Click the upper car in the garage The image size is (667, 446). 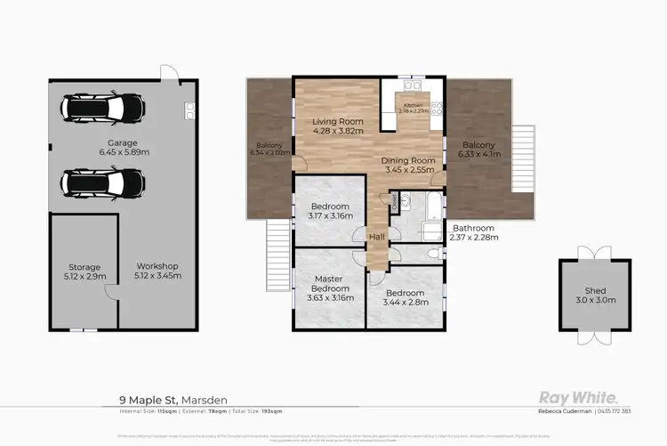coord(102,109)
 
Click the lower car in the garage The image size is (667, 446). coord(102,182)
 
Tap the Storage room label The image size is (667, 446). coord(84,266)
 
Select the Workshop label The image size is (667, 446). coord(157,266)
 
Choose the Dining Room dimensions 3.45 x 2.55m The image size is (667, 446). coord(407,169)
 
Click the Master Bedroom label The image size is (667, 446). coord(328,283)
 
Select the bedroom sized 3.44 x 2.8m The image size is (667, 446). coord(405,296)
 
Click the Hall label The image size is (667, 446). coord(378,236)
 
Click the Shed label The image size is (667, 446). coord(595,290)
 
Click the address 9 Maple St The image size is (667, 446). coord(148,401)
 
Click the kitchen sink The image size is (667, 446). coord(412,85)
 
